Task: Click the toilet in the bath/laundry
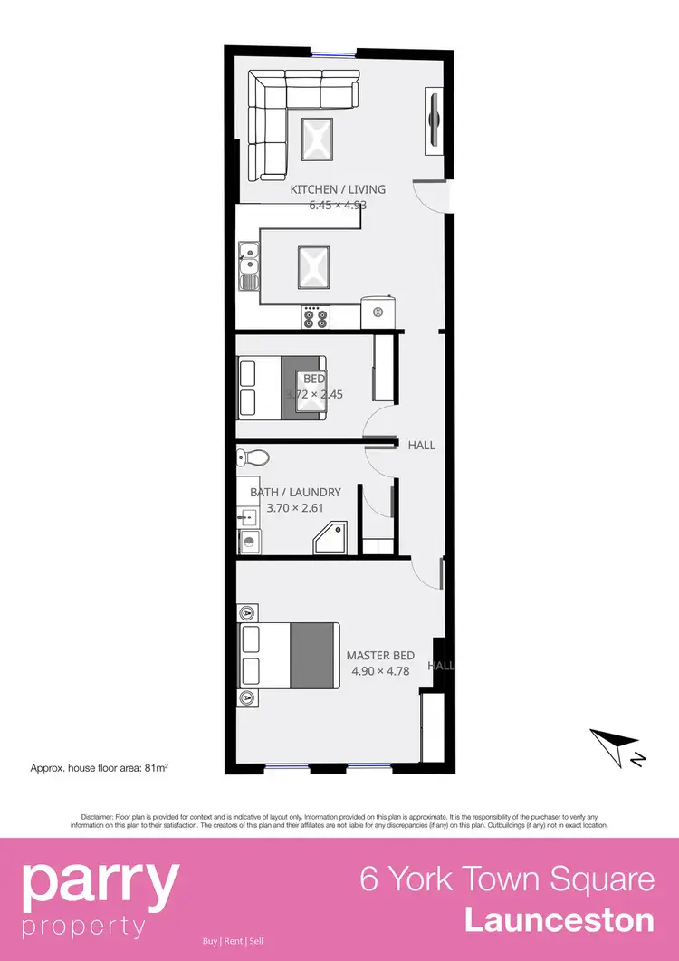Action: [x=249, y=456]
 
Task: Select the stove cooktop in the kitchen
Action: [x=315, y=317]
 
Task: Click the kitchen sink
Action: [x=249, y=263]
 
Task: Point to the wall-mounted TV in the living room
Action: [x=434, y=119]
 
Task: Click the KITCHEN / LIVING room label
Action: [x=338, y=189]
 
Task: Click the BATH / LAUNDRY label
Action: [x=295, y=493]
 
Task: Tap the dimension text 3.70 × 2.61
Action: [x=295, y=508]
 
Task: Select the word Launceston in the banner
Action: [x=559, y=920]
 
